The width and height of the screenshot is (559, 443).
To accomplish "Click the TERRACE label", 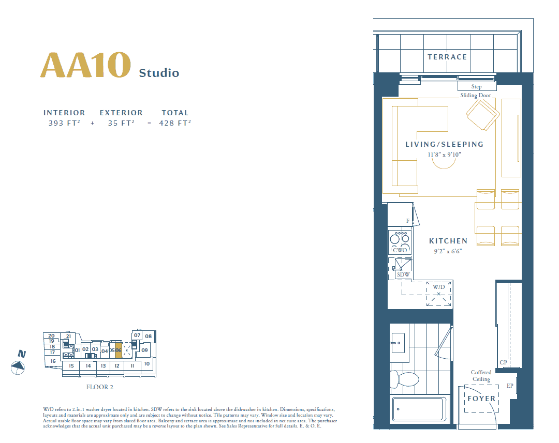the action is (447, 57).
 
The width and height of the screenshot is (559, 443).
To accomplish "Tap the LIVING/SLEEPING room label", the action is (445, 144).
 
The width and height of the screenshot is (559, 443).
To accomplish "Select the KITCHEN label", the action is (448, 241).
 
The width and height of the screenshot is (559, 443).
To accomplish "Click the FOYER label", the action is (481, 399).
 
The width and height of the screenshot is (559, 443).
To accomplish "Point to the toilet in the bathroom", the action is (404, 379).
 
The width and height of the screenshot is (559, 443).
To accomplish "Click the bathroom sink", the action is (398, 343).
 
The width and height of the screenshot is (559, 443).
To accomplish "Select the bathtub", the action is (418, 409).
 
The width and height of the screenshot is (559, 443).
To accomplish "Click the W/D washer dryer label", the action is (439, 287).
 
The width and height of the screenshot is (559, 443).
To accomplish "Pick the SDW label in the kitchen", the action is (403, 274).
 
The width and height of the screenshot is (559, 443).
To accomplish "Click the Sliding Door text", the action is (476, 96).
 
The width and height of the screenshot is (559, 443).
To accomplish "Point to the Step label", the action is (476, 86).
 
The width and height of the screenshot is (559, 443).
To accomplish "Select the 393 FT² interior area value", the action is (64, 123).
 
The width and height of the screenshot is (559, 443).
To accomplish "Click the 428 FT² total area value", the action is (175, 123).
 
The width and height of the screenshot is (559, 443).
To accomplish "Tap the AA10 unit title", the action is (85, 65).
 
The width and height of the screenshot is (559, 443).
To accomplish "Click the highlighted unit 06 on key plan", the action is (119, 350).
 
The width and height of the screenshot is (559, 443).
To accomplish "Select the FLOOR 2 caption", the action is (100, 387).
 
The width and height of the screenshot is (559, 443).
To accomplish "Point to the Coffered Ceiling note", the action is (481, 376).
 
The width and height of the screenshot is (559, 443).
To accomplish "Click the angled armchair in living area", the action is (483, 114).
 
